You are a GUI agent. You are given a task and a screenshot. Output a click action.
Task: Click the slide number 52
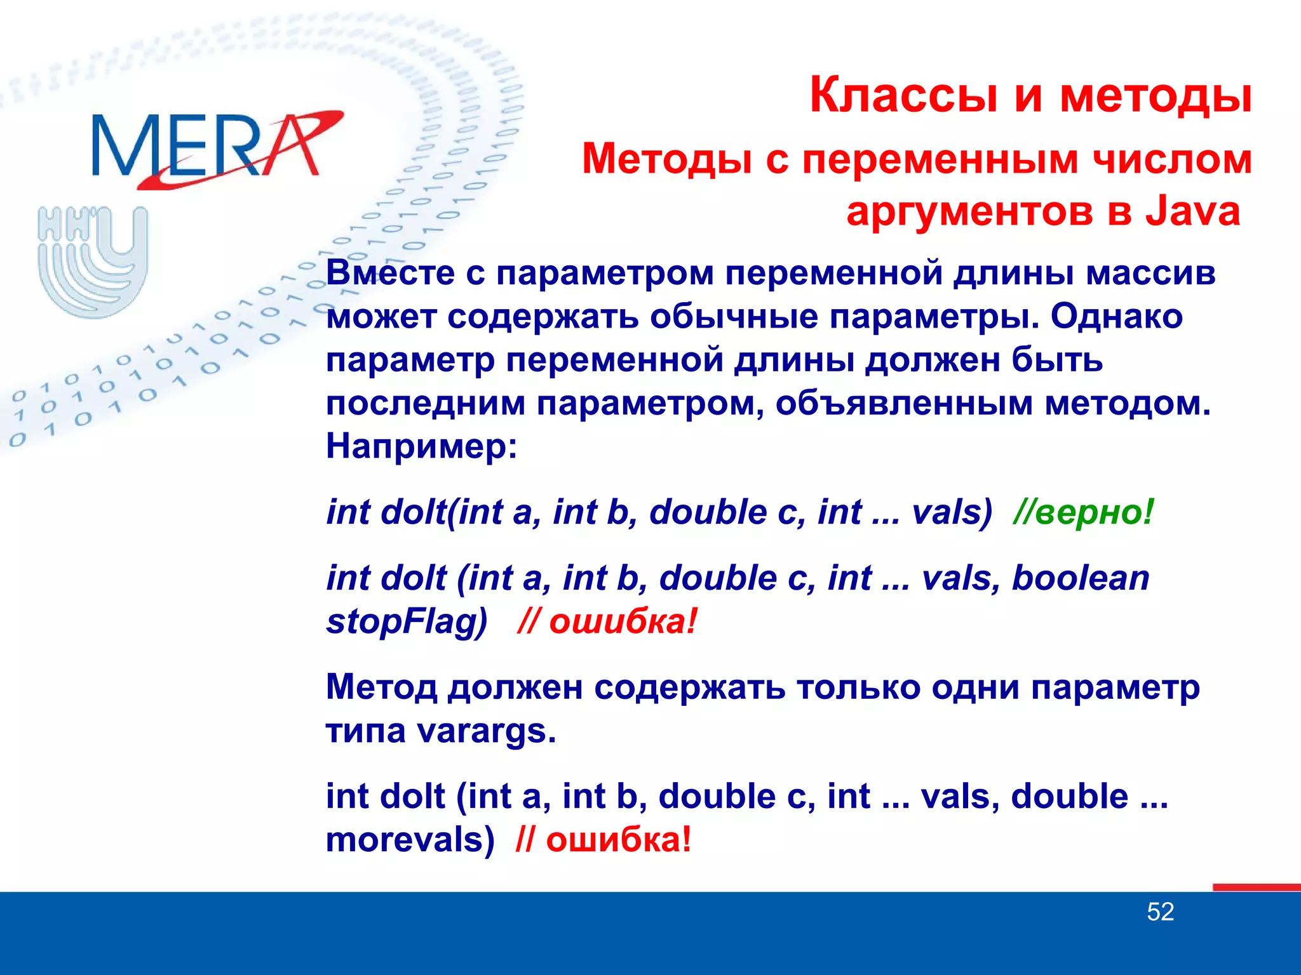pyautogui.click(x=1160, y=912)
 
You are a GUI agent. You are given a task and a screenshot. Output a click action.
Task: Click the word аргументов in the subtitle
pyautogui.click(x=971, y=211)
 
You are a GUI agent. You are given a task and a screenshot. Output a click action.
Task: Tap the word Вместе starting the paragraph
pyautogui.click(x=390, y=274)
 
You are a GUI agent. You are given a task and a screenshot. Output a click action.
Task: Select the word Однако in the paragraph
pyautogui.click(x=1116, y=316)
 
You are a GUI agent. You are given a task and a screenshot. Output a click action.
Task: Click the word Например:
pyautogui.click(x=421, y=446)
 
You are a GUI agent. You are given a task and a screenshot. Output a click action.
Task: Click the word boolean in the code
pyautogui.click(x=1080, y=578)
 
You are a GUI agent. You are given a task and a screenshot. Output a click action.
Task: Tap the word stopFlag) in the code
pyautogui.click(x=407, y=621)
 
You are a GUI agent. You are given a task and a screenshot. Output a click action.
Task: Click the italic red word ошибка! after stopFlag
pyautogui.click(x=623, y=621)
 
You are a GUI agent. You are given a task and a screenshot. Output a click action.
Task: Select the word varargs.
pyautogui.click(x=485, y=731)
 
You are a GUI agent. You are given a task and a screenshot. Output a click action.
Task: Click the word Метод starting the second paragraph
pyautogui.click(x=381, y=687)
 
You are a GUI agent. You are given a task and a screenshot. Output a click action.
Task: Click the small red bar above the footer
pyautogui.click(x=1256, y=887)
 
